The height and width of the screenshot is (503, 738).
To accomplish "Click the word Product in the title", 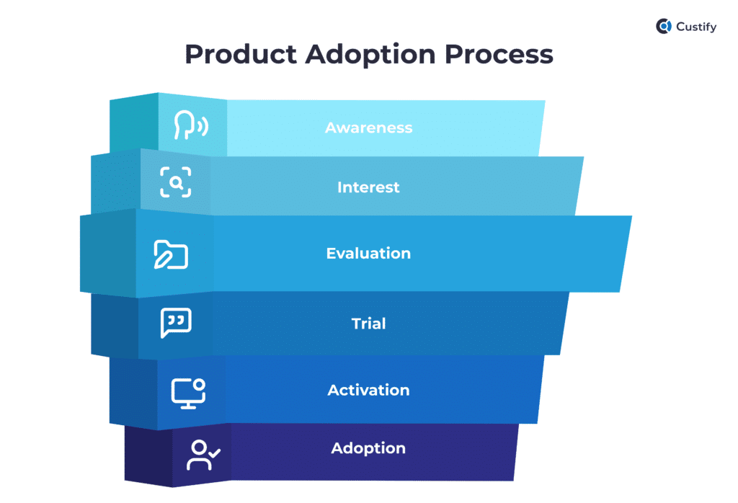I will [x=237, y=55].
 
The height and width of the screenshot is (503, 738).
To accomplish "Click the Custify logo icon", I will [x=664, y=27].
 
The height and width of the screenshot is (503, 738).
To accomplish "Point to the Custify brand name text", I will [x=696, y=27].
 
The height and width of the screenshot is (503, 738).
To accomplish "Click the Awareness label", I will [x=368, y=128].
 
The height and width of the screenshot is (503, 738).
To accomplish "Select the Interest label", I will [x=368, y=187].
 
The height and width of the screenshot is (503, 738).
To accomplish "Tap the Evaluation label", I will [x=368, y=254].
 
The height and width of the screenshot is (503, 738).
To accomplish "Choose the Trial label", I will [x=368, y=324].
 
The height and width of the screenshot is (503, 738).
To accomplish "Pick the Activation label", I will [x=368, y=390].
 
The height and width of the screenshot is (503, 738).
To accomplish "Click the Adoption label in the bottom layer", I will [x=368, y=448].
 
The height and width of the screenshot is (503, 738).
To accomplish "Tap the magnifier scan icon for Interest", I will [x=176, y=182].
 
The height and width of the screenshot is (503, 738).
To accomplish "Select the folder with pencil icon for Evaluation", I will [x=171, y=254].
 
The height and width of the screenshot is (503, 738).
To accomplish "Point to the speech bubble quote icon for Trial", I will [x=176, y=323].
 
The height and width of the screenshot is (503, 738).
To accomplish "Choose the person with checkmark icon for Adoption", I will [x=203, y=455].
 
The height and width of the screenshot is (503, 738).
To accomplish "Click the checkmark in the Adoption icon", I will [x=214, y=453].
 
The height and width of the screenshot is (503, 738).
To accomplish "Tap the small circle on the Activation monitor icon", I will [x=199, y=385].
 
